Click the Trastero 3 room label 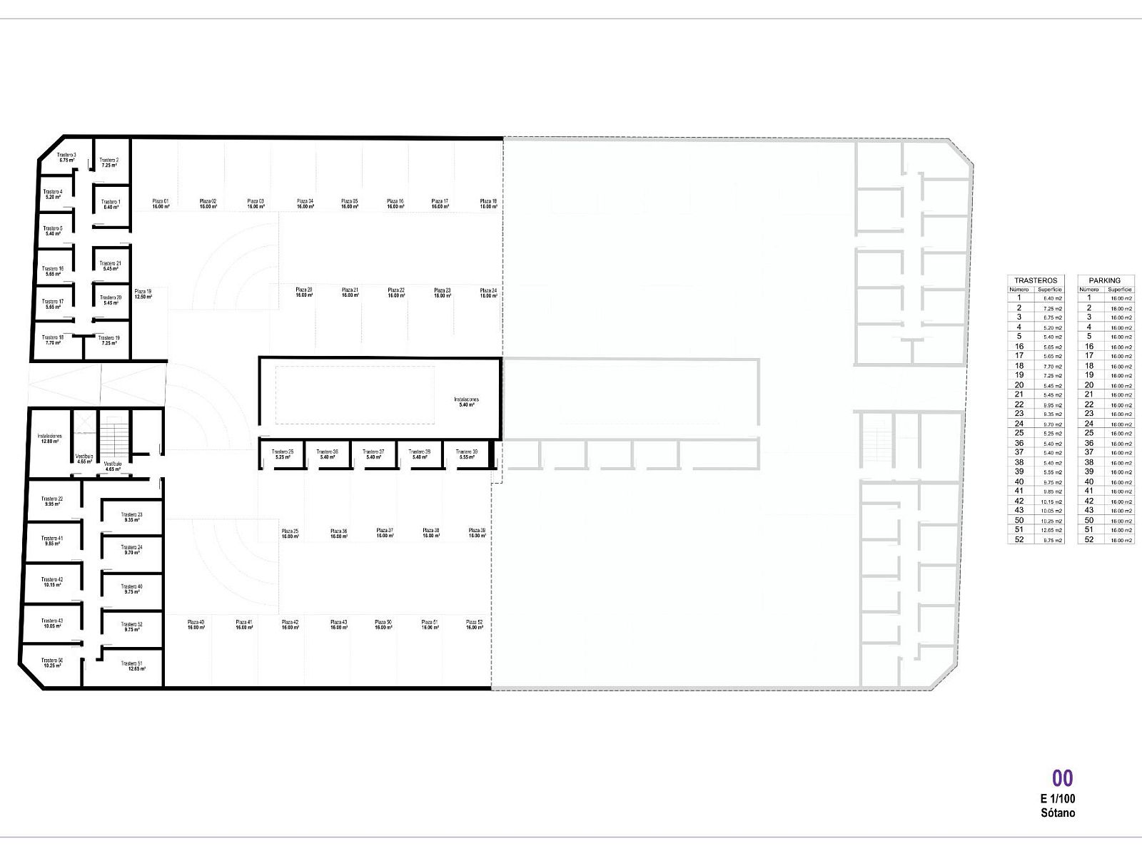66,157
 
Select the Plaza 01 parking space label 161,204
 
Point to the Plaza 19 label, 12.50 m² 143,294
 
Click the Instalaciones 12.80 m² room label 50,439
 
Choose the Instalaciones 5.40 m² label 466,402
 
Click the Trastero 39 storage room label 467,454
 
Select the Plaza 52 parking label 475,625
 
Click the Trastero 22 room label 51,501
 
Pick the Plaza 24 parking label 488,293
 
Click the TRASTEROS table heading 1035,280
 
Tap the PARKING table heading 1104,280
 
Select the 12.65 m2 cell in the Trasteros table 1053,531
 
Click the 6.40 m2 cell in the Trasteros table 1053,298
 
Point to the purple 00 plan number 1062,778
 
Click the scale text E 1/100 1058,799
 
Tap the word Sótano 1058,812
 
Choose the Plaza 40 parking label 196,625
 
